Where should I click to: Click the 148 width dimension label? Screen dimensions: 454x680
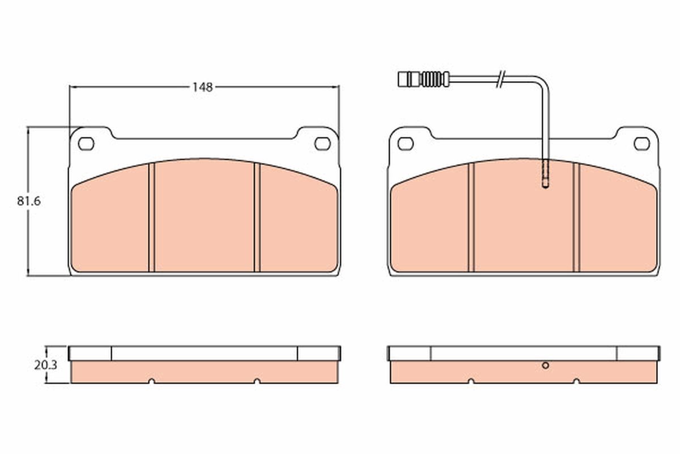point(202,87)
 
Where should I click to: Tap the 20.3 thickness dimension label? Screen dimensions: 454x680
point(45,365)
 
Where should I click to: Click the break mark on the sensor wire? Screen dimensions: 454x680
point(500,79)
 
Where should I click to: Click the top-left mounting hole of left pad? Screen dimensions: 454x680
point(86,144)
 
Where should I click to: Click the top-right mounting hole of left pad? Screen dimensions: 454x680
point(322,144)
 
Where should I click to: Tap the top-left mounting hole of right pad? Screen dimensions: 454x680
point(406,144)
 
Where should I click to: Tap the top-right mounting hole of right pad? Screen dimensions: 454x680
point(641,144)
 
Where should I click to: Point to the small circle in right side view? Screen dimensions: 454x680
point(545,365)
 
